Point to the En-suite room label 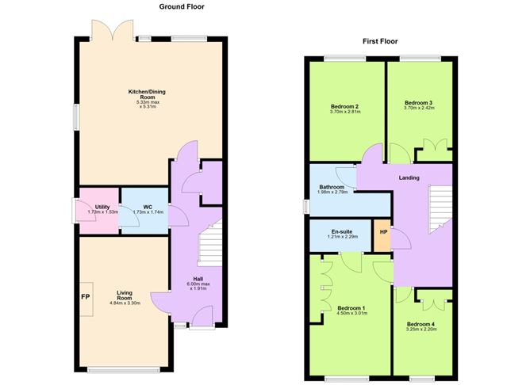point(342,231)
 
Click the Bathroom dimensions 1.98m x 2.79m point(332,193)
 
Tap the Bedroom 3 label point(418,103)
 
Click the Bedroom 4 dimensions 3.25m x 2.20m point(421,330)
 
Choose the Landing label point(409,177)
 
